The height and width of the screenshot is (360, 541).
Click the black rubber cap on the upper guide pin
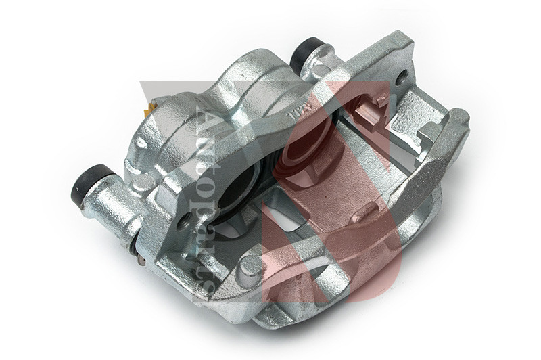click(308, 53)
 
